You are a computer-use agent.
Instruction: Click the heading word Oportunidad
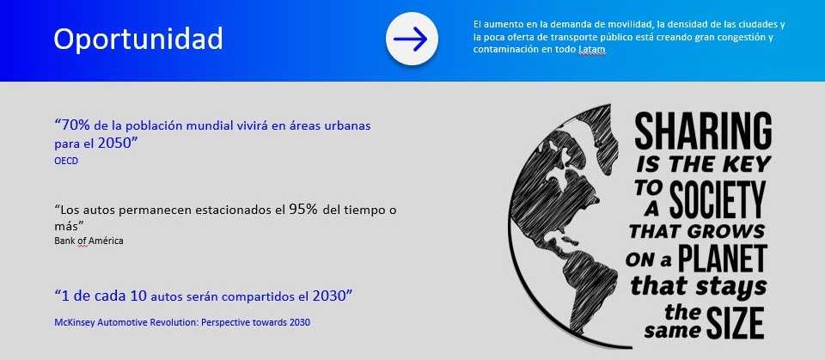tap(138, 40)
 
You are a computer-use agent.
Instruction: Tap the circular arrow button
tap(412, 39)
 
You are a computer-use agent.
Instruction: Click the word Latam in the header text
tap(592, 50)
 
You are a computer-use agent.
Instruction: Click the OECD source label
tap(66, 161)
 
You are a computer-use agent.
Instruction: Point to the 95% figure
tap(303, 210)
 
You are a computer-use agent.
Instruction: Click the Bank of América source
tap(89, 241)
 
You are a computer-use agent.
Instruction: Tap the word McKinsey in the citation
tap(71, 322)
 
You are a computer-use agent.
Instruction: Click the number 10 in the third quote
tap(138, 296)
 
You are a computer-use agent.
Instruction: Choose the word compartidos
tap(253, 297)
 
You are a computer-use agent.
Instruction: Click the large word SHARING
tap(703, 131)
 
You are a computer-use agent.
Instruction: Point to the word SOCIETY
tap(718, 200)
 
